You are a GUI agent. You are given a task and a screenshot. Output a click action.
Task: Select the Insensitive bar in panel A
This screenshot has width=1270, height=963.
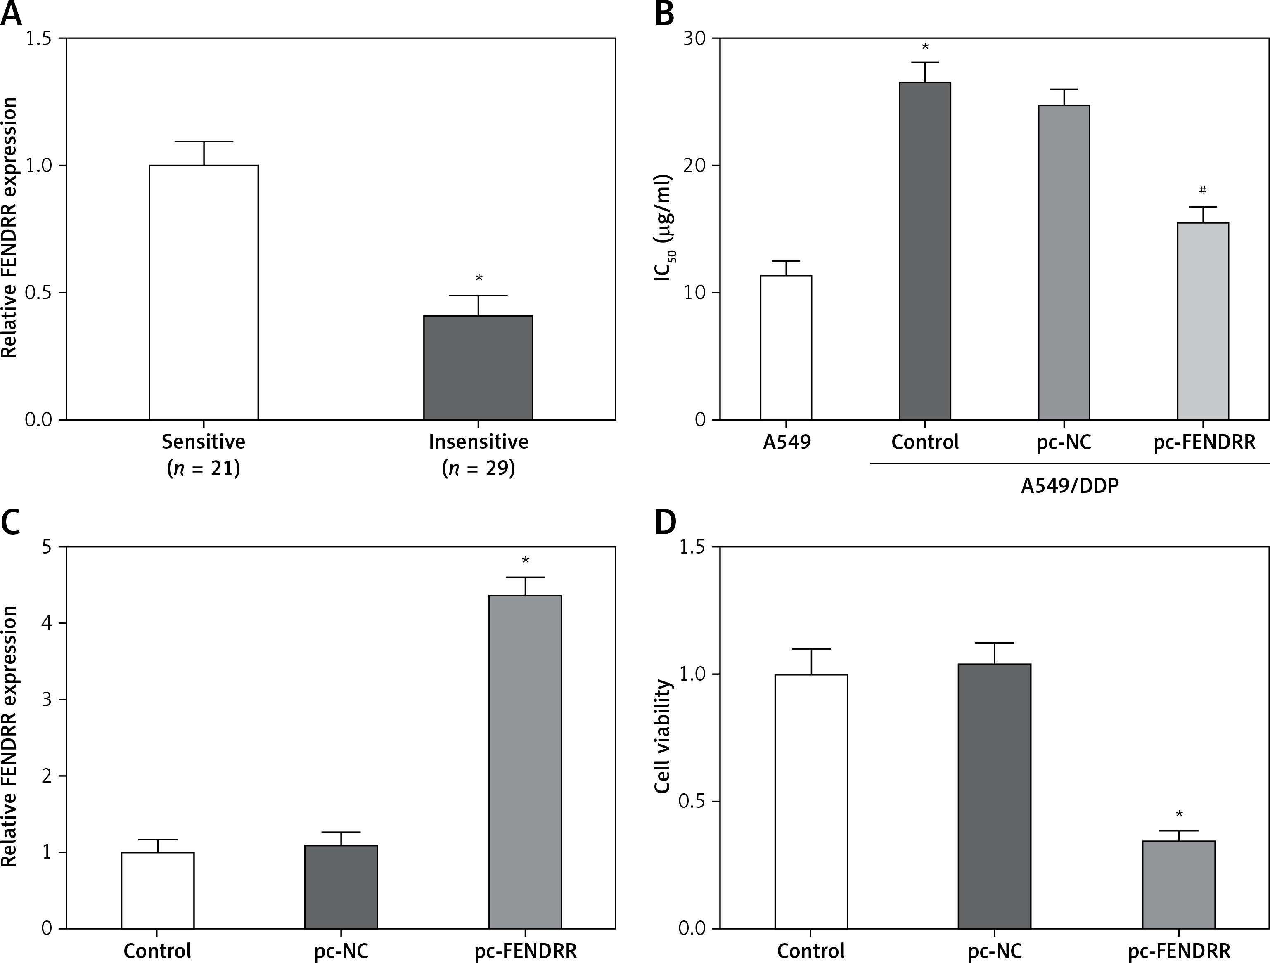(x=478, y=367)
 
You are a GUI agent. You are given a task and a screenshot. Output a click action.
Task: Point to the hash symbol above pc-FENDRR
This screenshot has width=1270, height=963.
(x=1203, y=190)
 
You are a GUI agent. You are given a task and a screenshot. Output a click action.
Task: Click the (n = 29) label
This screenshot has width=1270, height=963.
(x=478, y=469)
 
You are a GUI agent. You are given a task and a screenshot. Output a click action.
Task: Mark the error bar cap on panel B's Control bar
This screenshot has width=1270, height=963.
(x=924, y=62)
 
